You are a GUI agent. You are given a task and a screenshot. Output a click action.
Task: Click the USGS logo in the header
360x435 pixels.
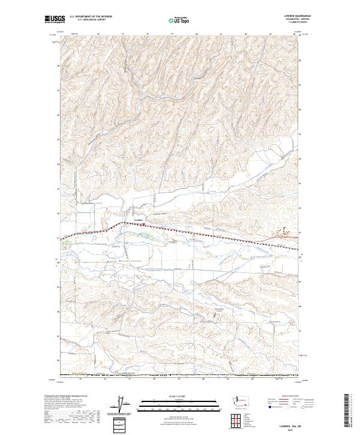[55, 20]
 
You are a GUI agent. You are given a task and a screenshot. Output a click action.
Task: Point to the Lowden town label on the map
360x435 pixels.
[139, 220]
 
